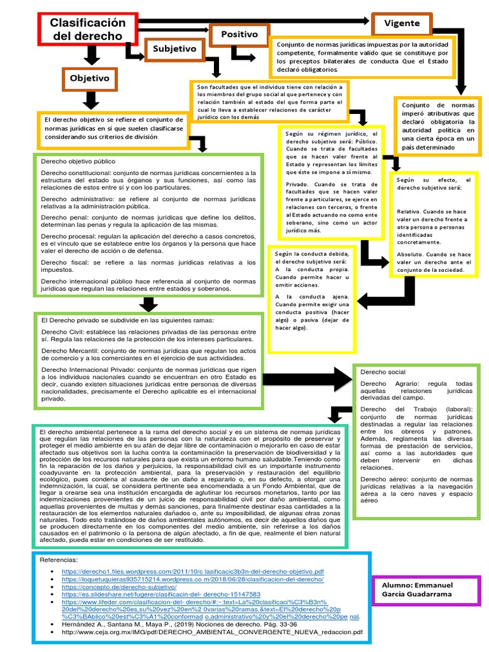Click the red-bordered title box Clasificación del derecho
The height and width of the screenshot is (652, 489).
point(89,29)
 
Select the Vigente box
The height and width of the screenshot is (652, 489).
point(402,24)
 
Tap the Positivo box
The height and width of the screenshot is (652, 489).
point(239,34)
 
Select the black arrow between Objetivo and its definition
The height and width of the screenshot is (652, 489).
point(91,100)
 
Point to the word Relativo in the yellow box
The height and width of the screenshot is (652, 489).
point(412,211)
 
